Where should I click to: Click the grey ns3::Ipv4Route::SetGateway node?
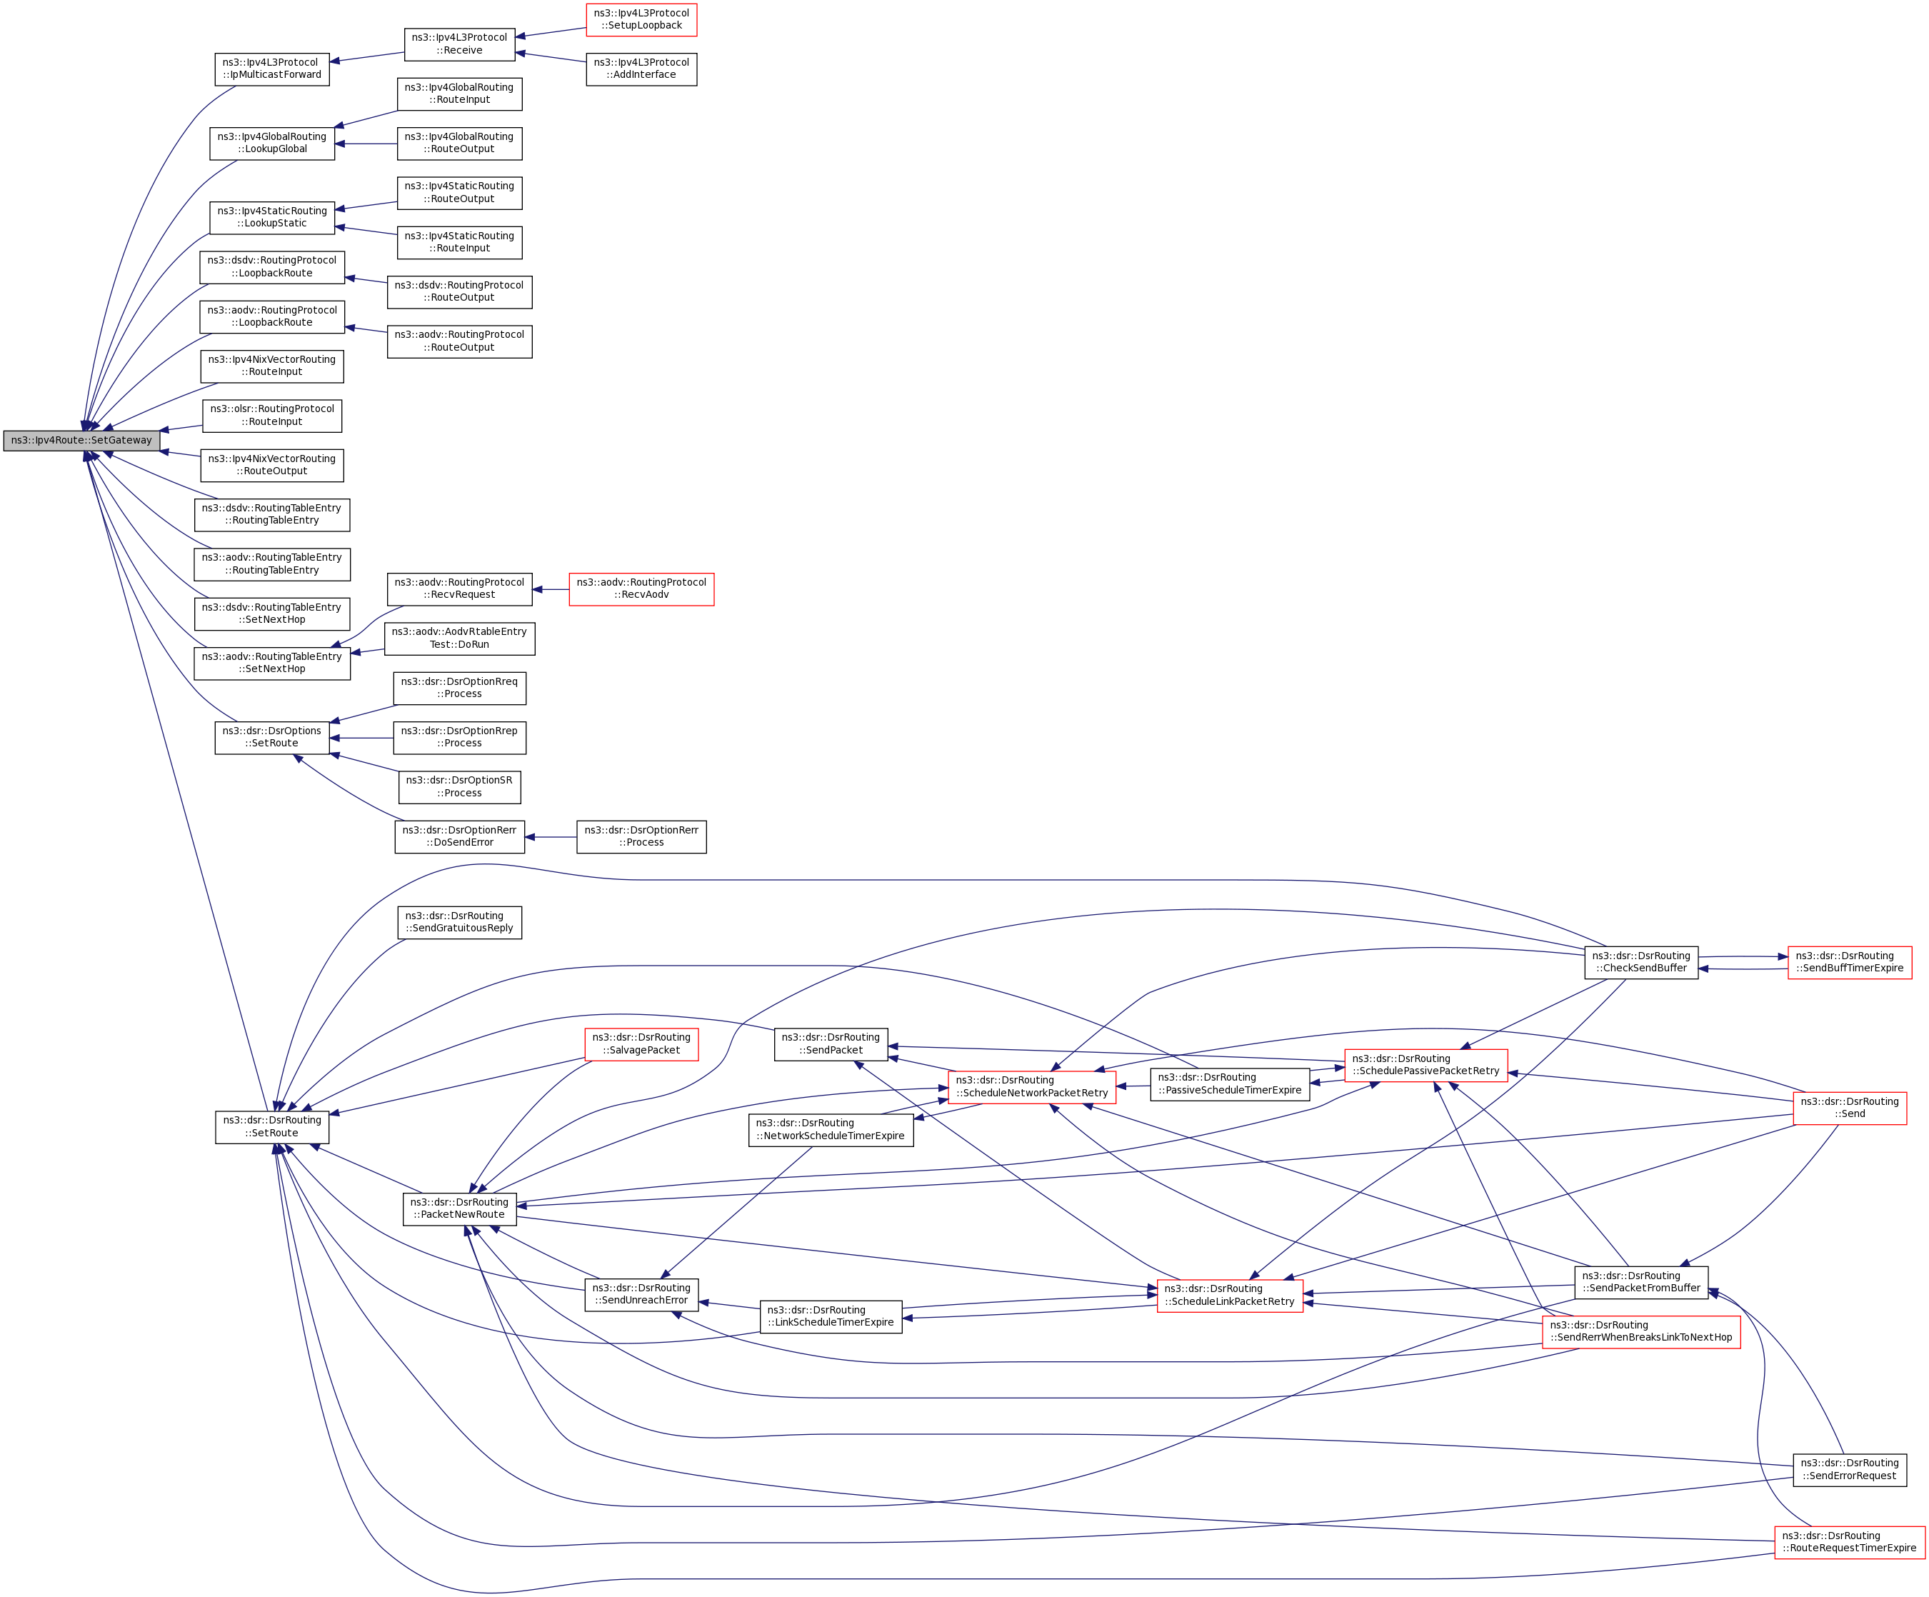tap(81, 440)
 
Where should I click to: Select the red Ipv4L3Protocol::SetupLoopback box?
tap(641, 19)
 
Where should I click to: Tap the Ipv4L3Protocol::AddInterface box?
tap(641, 69)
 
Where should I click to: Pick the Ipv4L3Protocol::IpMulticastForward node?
tap(272, 69)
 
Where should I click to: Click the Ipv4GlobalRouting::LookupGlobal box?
tap(272, 144)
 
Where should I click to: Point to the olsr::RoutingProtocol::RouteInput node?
tap(272, 416)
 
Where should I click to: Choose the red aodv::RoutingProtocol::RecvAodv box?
tap(641, 589)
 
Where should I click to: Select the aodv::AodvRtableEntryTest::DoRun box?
tap(459, 639)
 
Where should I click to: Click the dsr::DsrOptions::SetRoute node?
tap(272, 738)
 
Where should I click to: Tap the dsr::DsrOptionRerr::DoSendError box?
tap(459, 837)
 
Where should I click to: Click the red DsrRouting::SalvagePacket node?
tap(641, 1044)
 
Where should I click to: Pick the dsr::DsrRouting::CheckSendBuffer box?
tap(1641, 962)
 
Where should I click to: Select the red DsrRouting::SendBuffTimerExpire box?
tap(1849, 962)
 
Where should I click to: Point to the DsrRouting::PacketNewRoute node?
tap(459, 1208)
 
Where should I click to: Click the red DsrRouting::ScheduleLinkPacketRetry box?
tap(1229, 1296)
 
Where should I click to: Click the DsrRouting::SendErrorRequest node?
tap(1849, 1470)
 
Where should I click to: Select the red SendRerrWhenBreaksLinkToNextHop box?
tap(1640, 1331)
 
